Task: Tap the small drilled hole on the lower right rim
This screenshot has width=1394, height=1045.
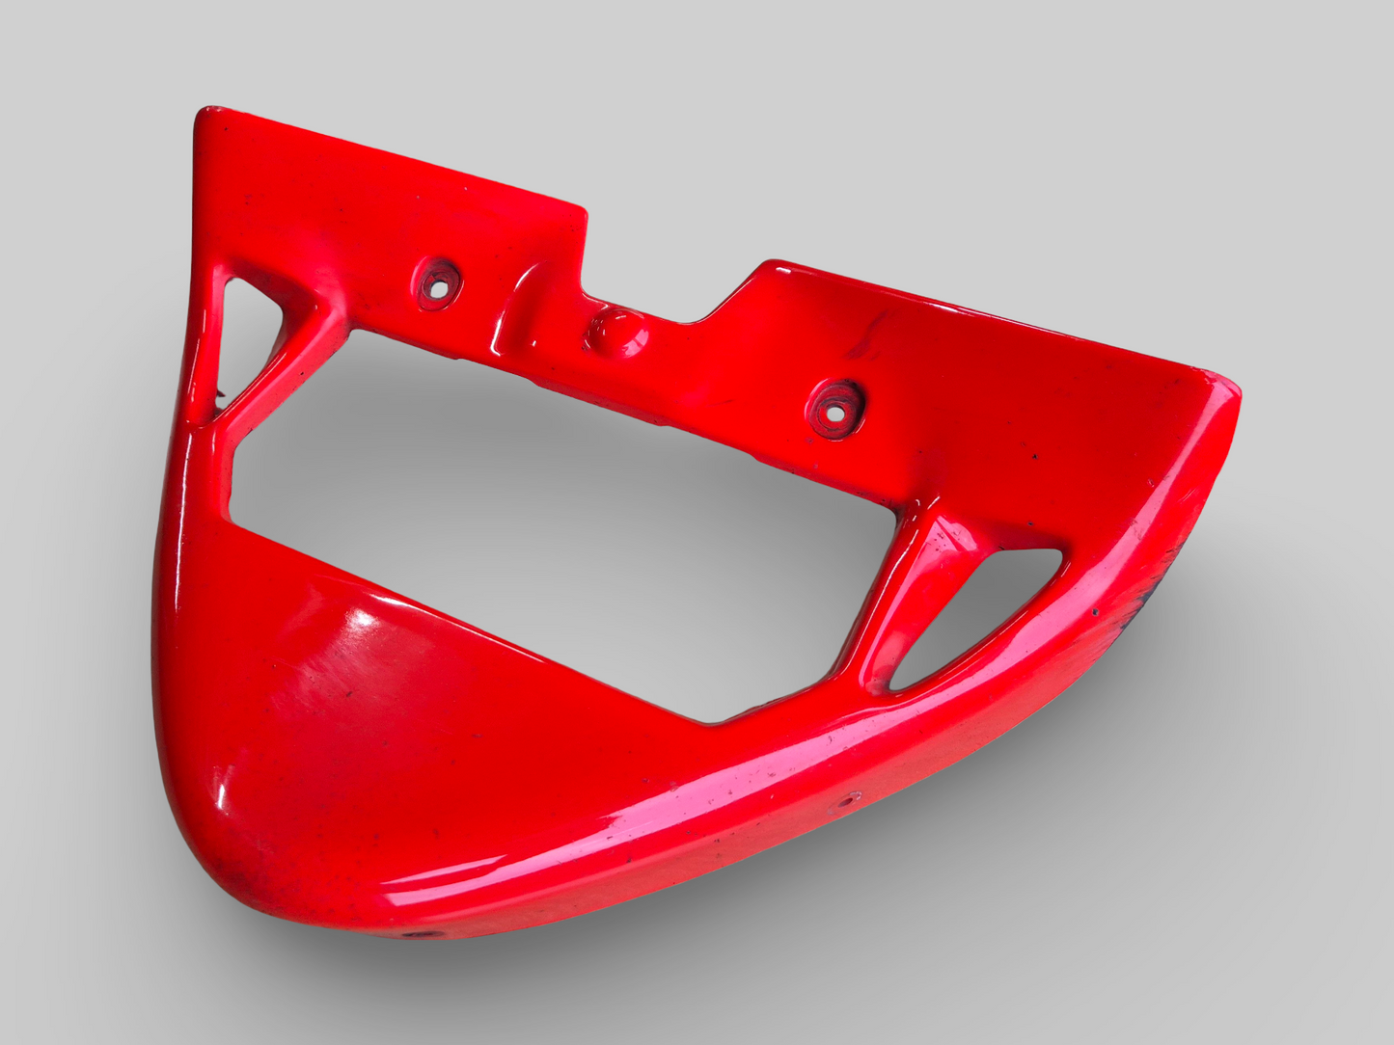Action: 853,798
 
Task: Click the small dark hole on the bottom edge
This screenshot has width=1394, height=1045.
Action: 415,934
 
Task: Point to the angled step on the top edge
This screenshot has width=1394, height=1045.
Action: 738,289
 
